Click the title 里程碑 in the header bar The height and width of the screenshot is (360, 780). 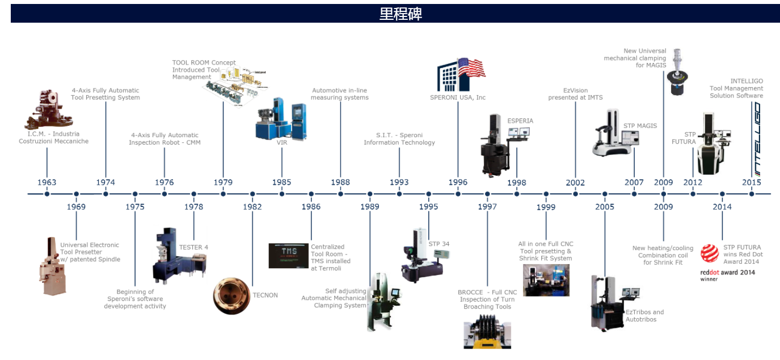click(400, 14)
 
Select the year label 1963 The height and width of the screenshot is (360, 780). click(47, 182)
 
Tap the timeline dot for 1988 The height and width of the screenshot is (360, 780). click(340, 194)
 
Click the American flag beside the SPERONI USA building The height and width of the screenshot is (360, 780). click(471, 68)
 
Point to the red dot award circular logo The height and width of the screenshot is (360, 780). click(709, 253)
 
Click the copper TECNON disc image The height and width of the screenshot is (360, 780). click(231, 295)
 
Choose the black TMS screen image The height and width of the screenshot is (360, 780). click(288, 255)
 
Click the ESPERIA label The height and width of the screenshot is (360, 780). click(520, 121)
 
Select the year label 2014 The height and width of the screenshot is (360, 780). click(722, 206)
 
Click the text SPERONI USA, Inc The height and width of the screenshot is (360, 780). click(458, 98)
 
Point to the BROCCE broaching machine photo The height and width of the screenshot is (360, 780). click(487, 334)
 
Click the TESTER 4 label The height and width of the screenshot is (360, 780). click(193, 247)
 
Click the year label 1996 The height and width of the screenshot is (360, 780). click(458, 182)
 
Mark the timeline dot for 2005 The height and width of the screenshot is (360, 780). click(605, 194)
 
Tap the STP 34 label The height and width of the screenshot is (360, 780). click(439, 244)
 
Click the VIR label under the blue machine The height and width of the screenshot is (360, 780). click(282, 143)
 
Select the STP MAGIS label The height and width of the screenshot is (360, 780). click(640, 125)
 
